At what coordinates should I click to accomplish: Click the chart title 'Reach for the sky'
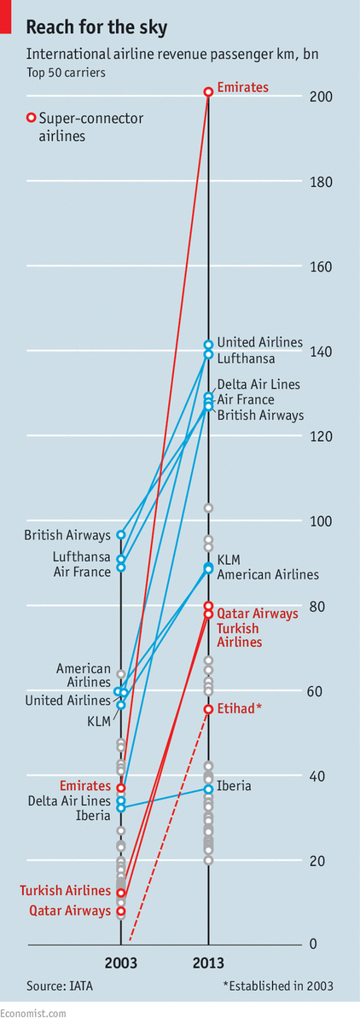(96, 28)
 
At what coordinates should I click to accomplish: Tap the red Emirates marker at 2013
(208, 91)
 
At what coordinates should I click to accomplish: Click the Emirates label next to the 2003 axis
(84, 785)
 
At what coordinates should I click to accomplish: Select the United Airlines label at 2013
(259, 342)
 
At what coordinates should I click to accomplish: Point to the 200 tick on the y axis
(320, 97)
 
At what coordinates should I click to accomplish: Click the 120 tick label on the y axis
(320, 436)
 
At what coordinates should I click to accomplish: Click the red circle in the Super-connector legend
(32, 118)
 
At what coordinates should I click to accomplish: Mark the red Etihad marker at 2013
(208, 709)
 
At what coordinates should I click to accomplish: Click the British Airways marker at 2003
(121, 535)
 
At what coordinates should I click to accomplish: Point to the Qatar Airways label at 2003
(70, 911)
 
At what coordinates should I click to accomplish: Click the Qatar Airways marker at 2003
(121, 911)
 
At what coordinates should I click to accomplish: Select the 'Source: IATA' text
(60, 986)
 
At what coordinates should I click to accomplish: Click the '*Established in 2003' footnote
(278, 986)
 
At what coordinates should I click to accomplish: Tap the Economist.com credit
(32, 1013)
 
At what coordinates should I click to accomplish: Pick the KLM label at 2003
(100, 721)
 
